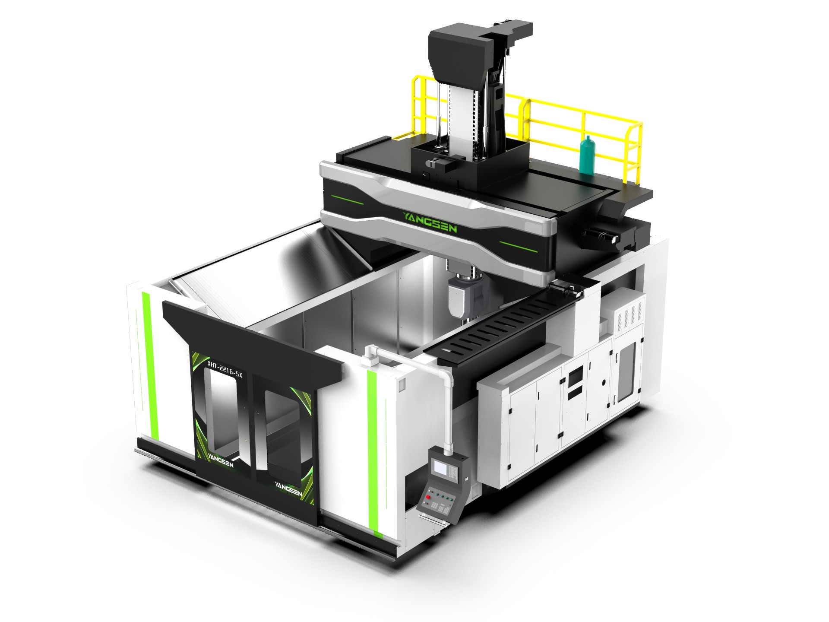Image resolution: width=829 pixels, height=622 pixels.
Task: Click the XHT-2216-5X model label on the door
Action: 225,370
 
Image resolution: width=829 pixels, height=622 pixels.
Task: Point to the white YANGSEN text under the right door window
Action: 288,489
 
